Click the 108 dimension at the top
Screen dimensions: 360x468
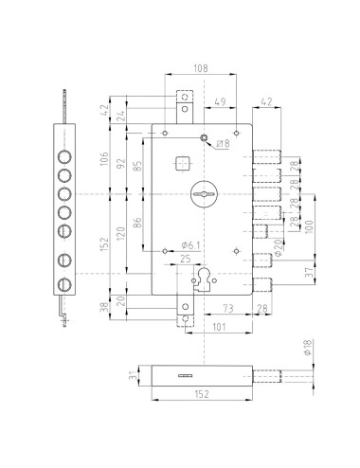pyautogui.click(x=201, y=68)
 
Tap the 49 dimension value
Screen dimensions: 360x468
pyautogui.click(x=220, y=102)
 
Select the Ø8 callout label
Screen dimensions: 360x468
pyautogui.click(x=224, y=144)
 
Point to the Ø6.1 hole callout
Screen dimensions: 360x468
pyautogui.click(x=190, y=245)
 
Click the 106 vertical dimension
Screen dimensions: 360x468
pyautogui.click(x=104, y=158)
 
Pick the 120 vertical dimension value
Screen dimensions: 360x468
pyautogui.click(x=121, y=234)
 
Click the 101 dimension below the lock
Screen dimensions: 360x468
pyautogui.click(x=219, y=327)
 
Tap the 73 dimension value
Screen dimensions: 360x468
pyautogui.click(x=228, y=308)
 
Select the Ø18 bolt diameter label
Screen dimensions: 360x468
pyautogui.click(x=308, y=347)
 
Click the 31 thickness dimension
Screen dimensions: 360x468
pyautogui.click(x=134, y=375)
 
